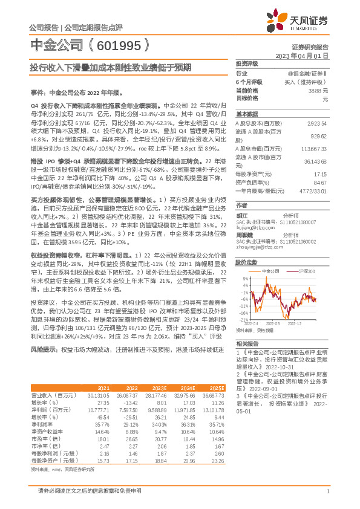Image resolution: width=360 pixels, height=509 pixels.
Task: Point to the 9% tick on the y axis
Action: pos(246,278)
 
